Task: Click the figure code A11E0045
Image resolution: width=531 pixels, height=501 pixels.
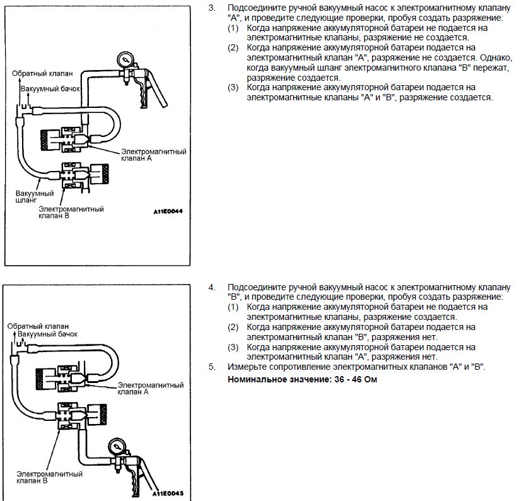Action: coord(167,493)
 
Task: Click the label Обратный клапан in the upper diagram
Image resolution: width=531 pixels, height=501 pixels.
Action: coord(38,74)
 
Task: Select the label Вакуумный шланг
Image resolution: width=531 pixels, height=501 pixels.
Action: coord(29,194)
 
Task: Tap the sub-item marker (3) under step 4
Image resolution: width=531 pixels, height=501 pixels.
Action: coord(233,347)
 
